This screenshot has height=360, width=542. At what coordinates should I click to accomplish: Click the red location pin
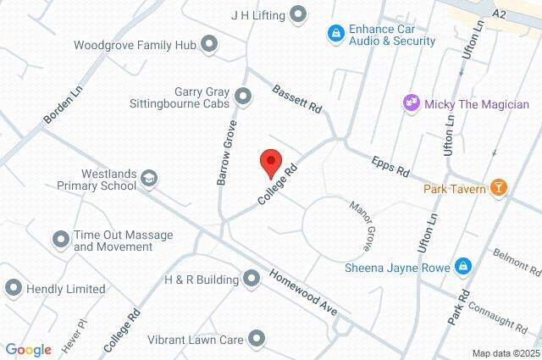tap(270, 161)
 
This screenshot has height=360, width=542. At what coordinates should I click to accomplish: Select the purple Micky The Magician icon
tap(412, 104)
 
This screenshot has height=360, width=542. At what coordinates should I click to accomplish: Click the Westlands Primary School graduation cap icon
tap(149, 177)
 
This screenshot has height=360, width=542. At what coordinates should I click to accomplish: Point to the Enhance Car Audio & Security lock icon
tap(336, 34)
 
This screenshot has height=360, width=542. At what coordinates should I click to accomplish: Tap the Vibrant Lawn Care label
tap(194, 341)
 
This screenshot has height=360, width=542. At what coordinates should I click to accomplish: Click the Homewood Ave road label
tap(304, 291)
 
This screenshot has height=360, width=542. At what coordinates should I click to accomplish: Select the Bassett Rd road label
tap(296, 97)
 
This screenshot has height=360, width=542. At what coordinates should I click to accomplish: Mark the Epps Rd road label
tap(390, 165)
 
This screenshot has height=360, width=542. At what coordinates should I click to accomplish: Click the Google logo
tap(29, 349)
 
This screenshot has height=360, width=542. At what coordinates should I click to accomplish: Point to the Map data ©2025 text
tap(505, 353)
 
